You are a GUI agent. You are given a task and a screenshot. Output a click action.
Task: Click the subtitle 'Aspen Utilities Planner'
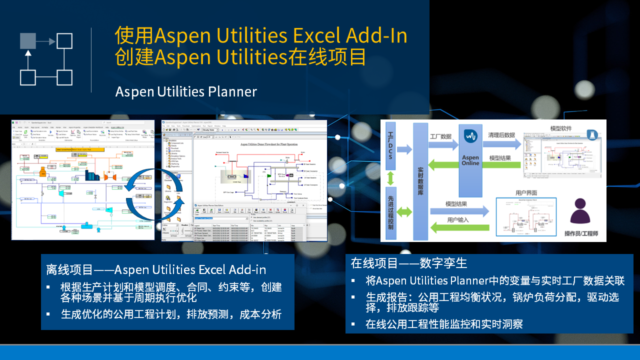pyautogui.click(x=186, y=92)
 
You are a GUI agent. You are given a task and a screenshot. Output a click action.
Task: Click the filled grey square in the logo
pyautogui.click(x=28, y=41)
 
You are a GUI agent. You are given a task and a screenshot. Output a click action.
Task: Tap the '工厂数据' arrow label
pyautogui.click(x=440, y=135)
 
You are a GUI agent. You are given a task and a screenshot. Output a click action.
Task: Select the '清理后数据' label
pyautogui.click(x=502, y=135)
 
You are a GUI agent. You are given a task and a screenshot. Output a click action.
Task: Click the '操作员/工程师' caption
pyautogui.click(x=581, y=234)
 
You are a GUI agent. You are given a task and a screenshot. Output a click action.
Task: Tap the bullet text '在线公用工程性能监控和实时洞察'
pyautogui.click(x=444, y=324)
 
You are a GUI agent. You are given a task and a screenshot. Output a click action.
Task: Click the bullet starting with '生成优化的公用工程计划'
pyautogui.click(x=171, y=314)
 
